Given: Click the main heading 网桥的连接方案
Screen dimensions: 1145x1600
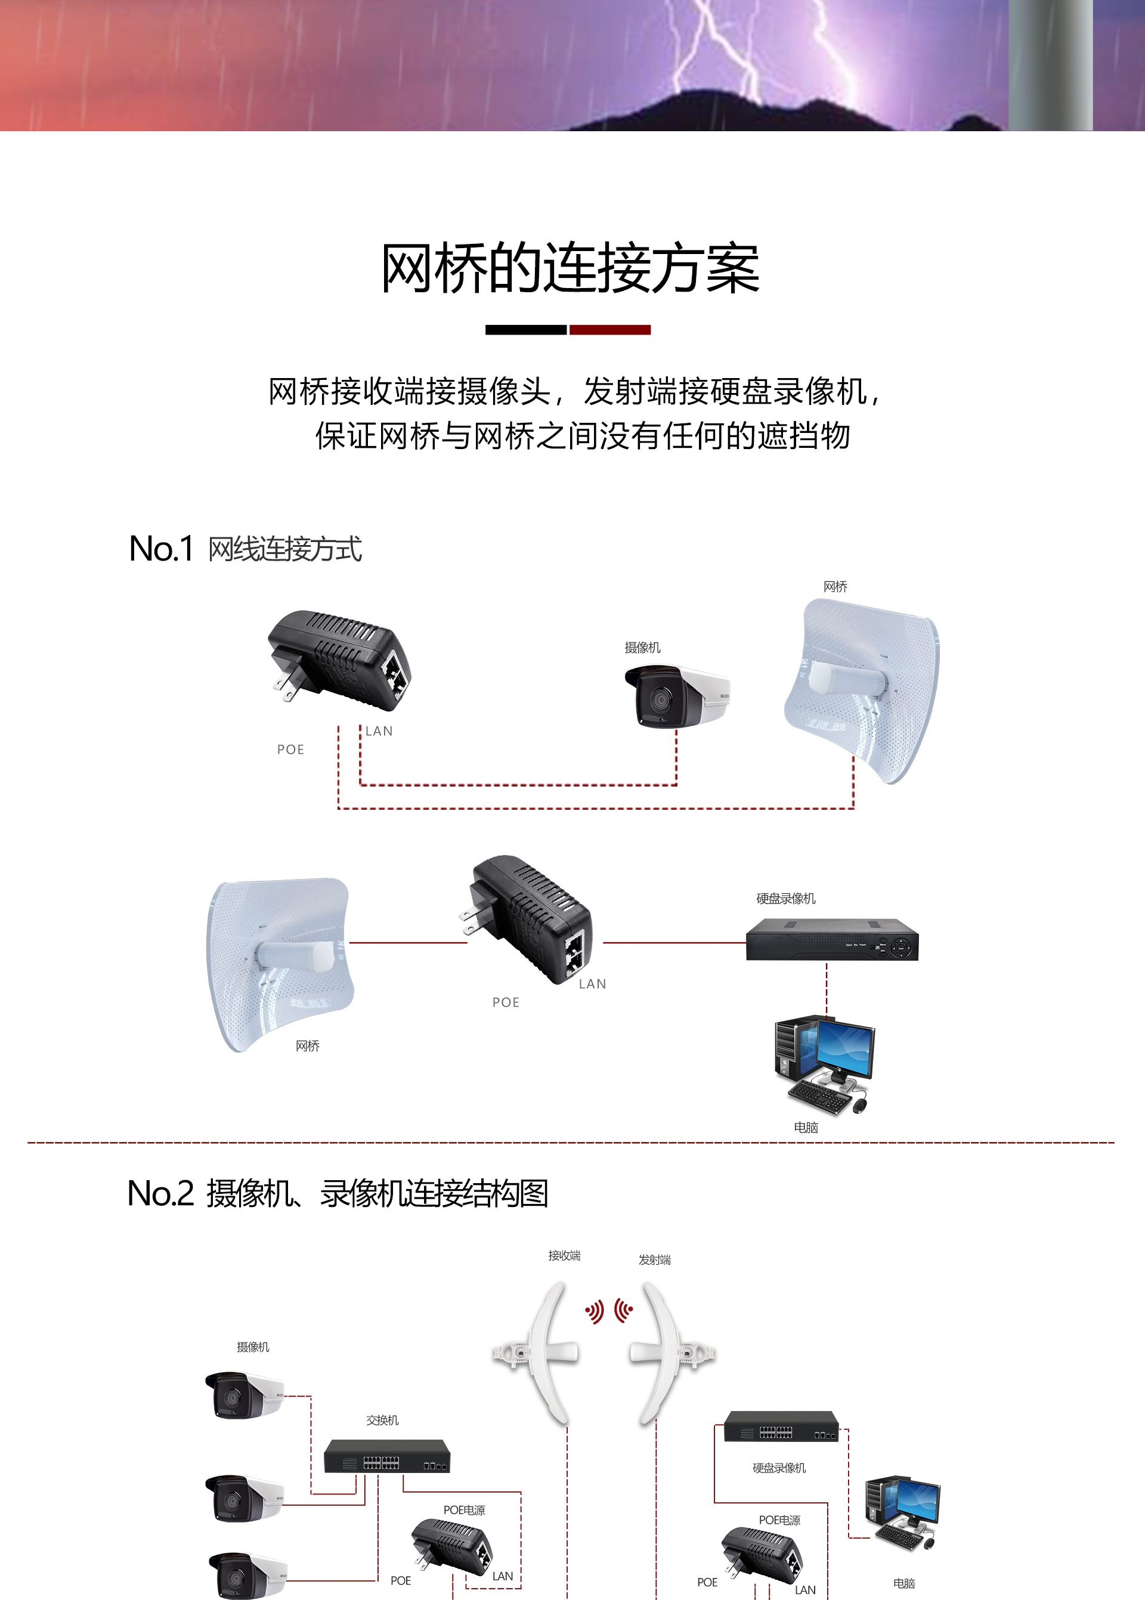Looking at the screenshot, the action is [x=570, y=268].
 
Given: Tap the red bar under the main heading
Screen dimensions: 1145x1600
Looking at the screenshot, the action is [x=610, y=330].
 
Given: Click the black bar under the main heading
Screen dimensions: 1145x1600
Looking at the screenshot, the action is [x=526, y=330].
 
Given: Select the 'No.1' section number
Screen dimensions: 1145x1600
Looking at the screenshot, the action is [x=161, y=549].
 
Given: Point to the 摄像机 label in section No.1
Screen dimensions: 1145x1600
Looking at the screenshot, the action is [x=642, y=647].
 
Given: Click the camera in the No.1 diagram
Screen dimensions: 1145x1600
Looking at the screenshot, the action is [x=677, y=697].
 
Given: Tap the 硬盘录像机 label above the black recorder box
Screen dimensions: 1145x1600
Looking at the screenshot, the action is [x=785, y=898].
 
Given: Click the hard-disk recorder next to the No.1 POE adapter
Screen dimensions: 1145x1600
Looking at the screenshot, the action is [x=832, y=940].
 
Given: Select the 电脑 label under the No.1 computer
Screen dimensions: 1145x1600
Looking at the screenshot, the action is [x=806, y=1127].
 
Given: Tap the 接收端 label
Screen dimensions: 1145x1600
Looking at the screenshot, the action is [x=564, y=1255].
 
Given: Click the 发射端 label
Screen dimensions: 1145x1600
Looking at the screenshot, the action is [x=654, y=1259].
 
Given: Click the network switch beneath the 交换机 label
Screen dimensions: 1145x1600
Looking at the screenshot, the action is [x=387, y=1456].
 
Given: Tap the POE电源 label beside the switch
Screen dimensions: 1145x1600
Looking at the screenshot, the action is [x=464, y=1510].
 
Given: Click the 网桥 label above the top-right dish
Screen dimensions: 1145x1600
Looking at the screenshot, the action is [x=835, y=586].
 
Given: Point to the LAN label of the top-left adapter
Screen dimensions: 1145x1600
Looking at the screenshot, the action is [x=379, y=731].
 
